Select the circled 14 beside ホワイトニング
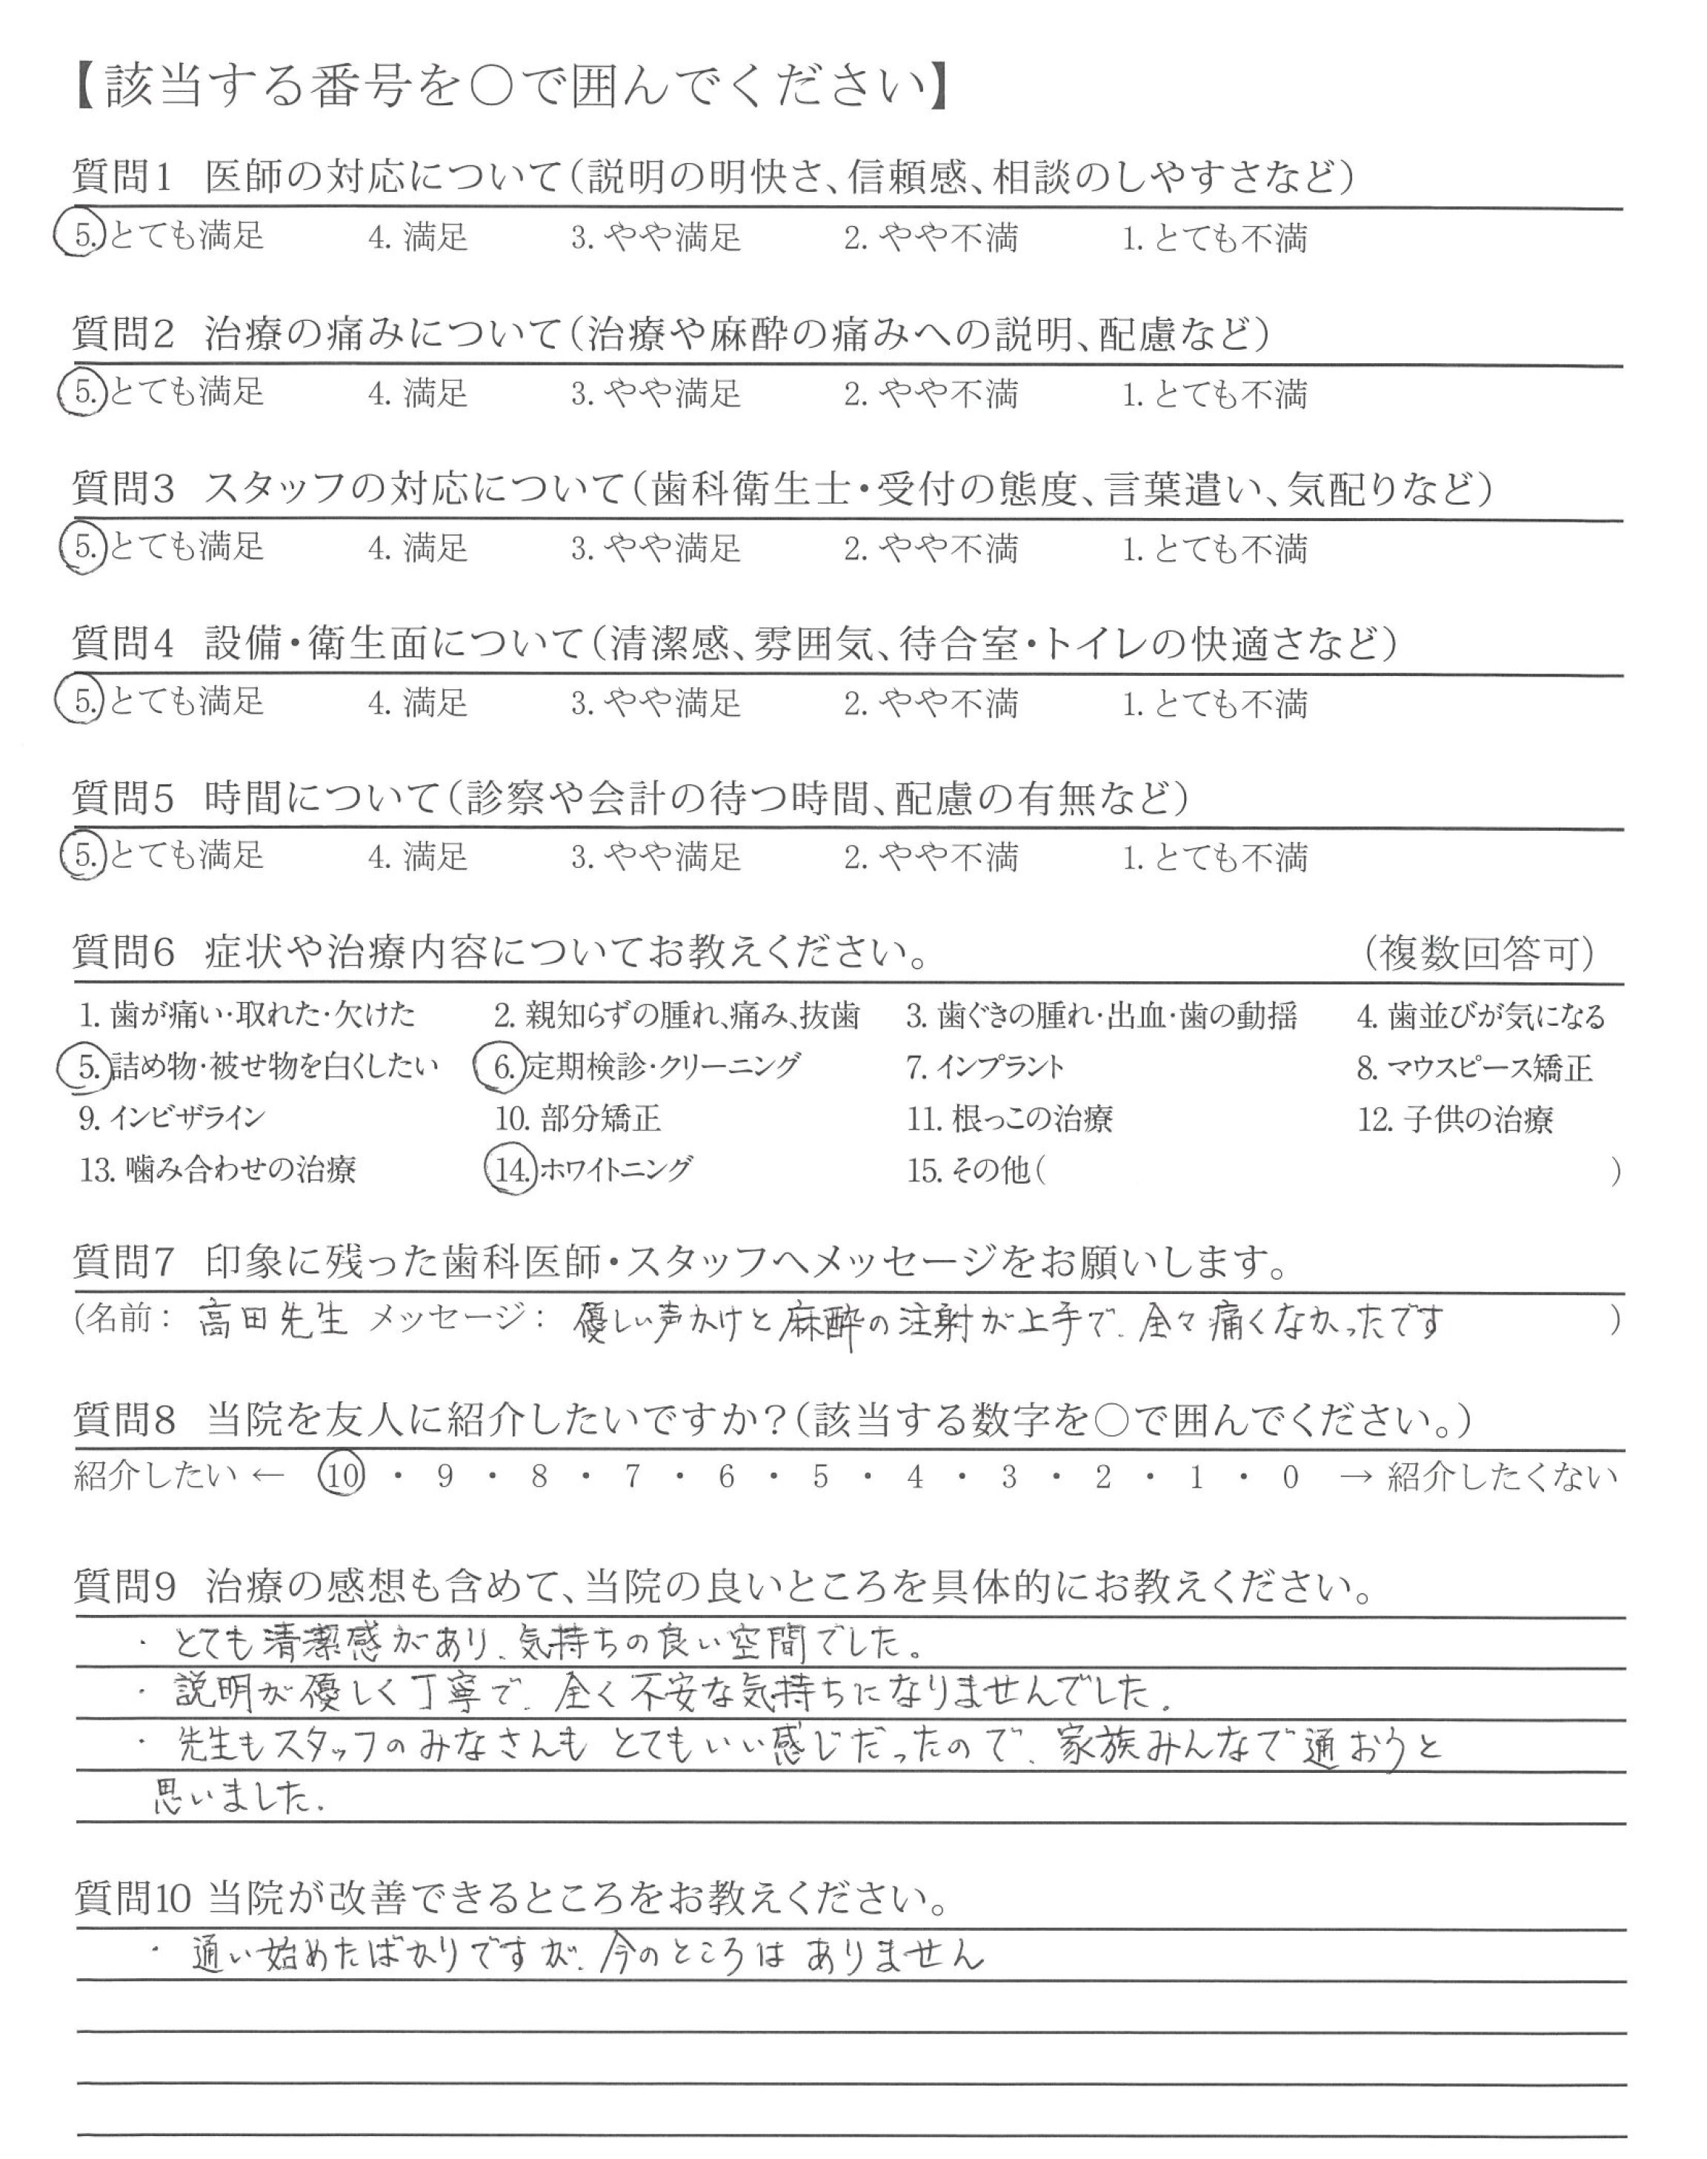pos(510,1169)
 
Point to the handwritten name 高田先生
pos(272,1319)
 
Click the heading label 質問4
pos(124,643)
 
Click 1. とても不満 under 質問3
pos(1214,548)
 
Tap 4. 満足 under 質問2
pos(418,393)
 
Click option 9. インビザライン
pos(172,1118)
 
